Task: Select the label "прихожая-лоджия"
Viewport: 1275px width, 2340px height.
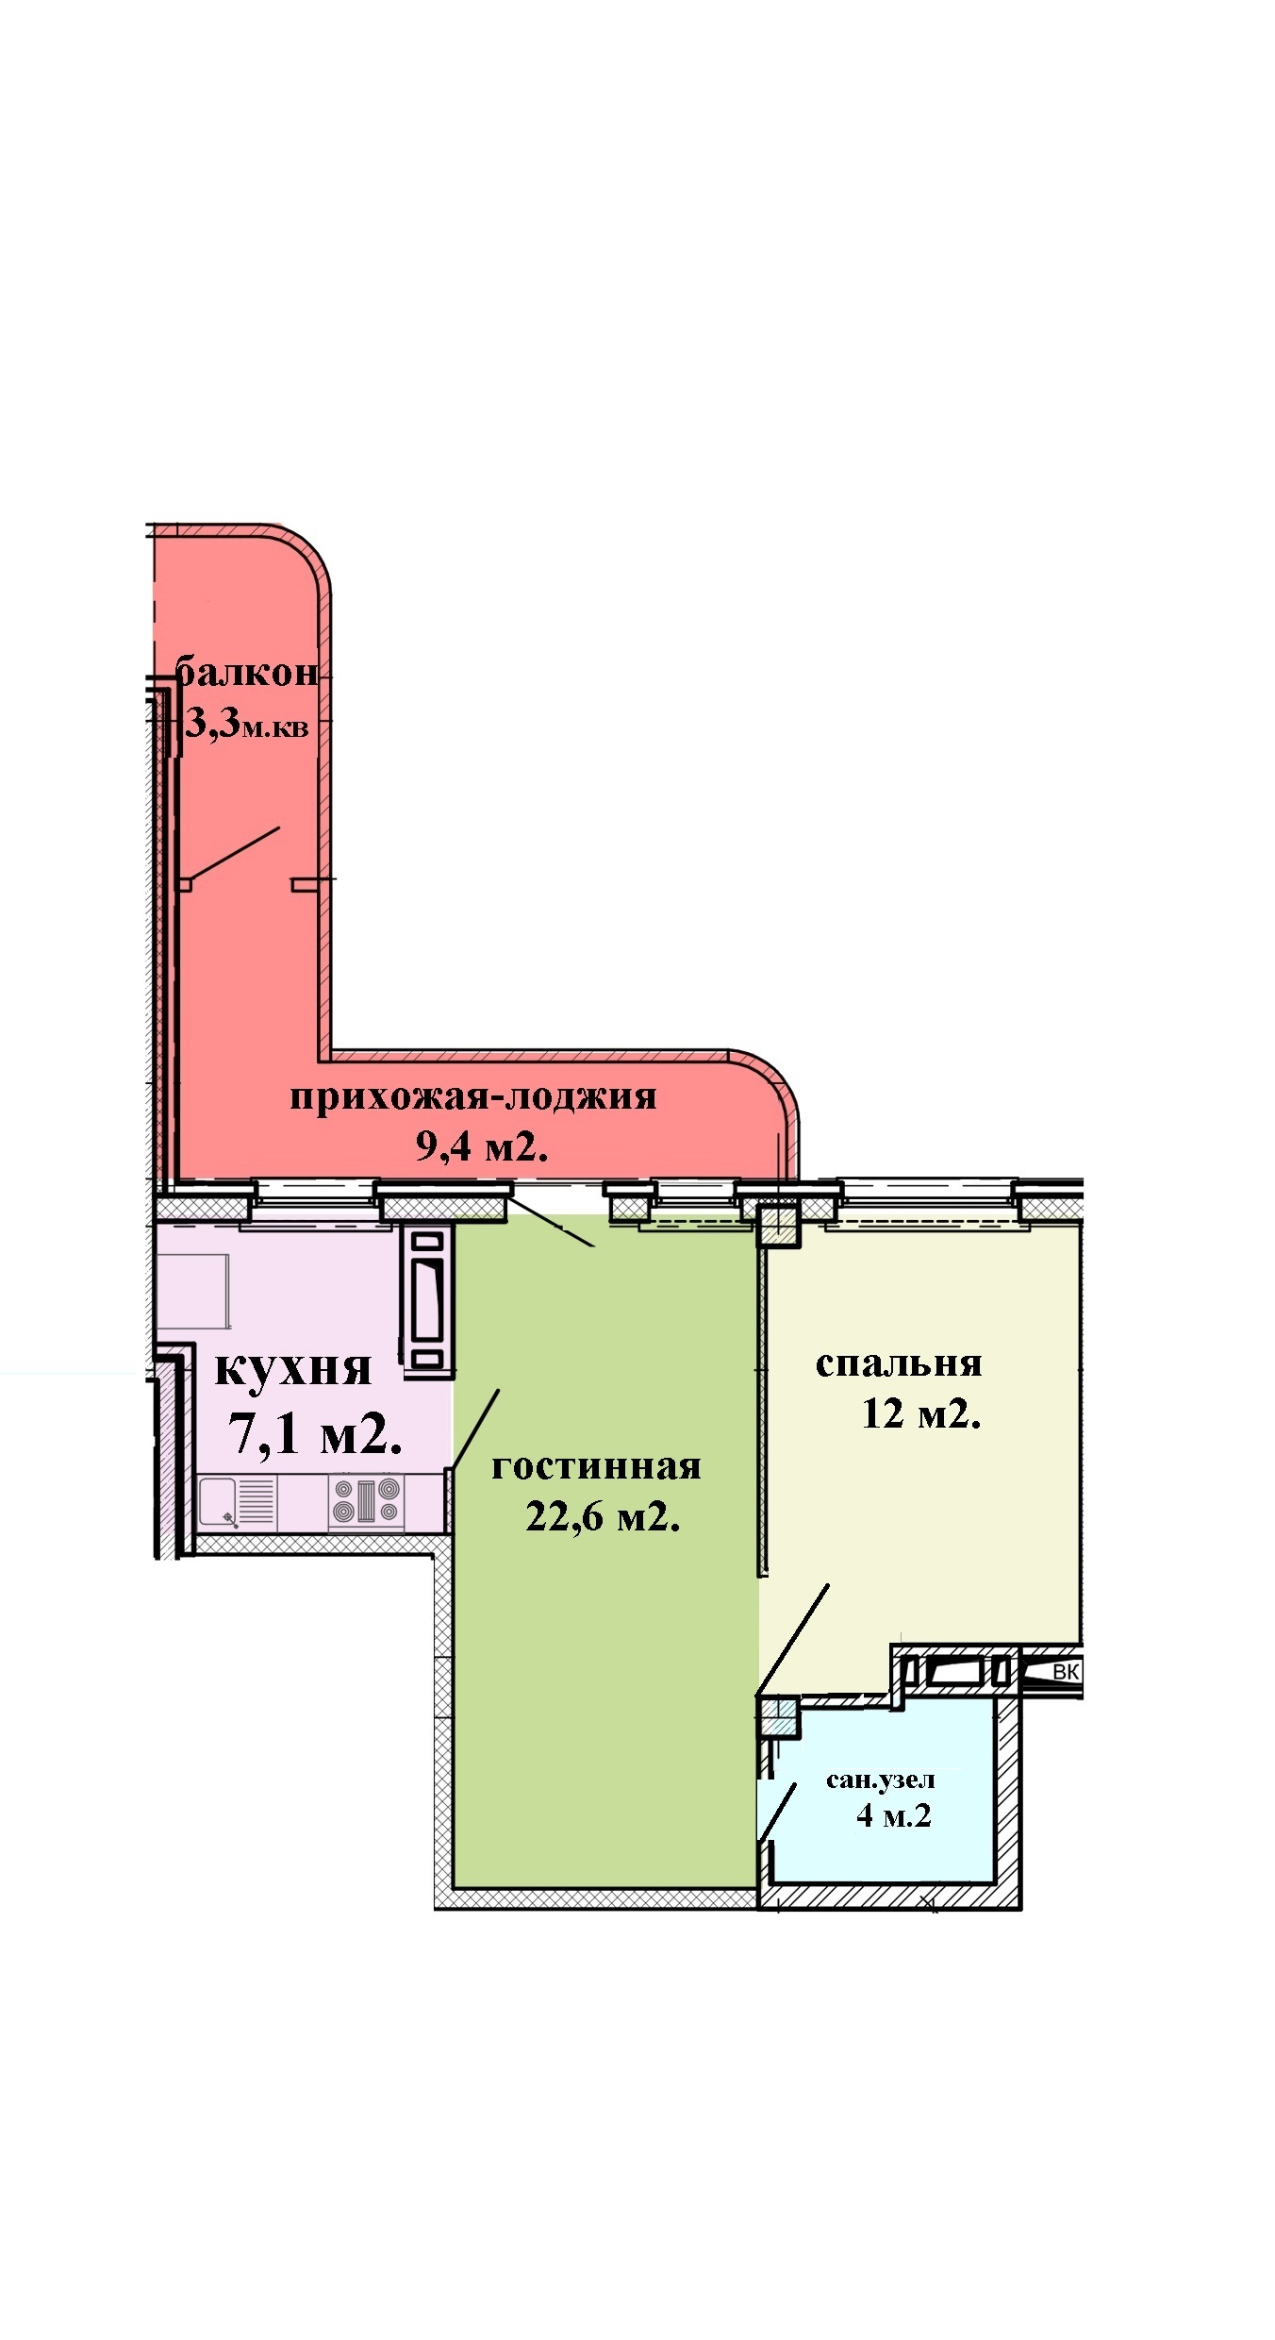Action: point(472,1098)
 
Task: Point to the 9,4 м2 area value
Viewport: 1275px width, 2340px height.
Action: point(482,1146)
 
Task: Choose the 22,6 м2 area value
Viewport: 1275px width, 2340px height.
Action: point(604,1517)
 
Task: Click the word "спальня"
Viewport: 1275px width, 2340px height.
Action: point(899,1364)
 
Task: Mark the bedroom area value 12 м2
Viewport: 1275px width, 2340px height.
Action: point(921,1414)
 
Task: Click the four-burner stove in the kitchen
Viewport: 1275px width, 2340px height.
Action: point(366,1503)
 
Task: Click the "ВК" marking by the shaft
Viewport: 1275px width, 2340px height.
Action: point(1066,1673)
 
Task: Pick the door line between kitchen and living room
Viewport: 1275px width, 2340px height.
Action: point(474,1429)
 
